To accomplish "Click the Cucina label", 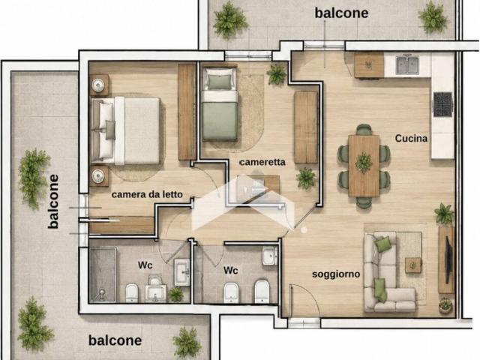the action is [x=411, y=138].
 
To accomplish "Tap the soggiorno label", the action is [x=336, y=274].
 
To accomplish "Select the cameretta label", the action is [x=262, y=162].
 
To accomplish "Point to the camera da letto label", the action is [x=147, y=194].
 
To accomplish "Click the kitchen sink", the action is [x=407, y=65].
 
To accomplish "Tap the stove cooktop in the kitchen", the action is [x=442, y=104].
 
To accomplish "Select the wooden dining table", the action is [x=364, y=166].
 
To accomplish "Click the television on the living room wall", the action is [x=448, y=260].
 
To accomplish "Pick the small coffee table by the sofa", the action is [x=413, y=265].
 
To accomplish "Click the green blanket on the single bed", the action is [x=220, y=121].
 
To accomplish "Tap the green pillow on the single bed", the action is [x=220, y=81].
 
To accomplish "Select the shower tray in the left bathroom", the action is [x=103, y=275].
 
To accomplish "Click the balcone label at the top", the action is [x=341, y=13].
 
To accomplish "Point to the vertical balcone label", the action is [x=53, y=202].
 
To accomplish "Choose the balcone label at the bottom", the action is [x=115, y=340].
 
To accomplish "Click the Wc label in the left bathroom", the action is [x=145, y=265].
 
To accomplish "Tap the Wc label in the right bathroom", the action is [x=231, y=271].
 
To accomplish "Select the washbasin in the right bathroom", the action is [x=269, y=256].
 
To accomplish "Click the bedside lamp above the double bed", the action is [x=98, y=85].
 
